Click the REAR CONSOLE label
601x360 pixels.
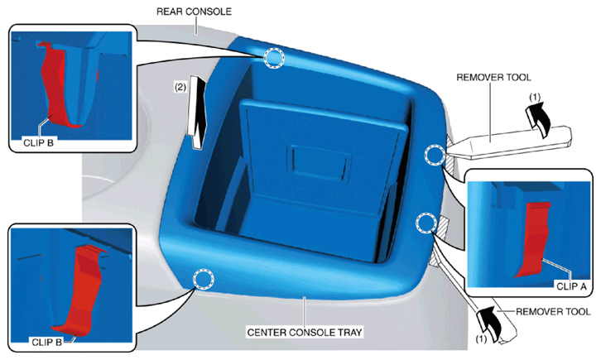[194, 12]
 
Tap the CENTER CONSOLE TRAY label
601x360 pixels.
[305, 332]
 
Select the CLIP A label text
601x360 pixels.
[571, 286]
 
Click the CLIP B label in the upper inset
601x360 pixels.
[38, 143]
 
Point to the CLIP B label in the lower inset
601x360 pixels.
[46, 342]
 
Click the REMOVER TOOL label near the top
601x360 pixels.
[493, 78]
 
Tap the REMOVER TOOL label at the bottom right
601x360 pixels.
[553, 312]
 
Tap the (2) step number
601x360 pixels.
[180, 88]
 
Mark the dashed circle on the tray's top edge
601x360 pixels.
[275, 58]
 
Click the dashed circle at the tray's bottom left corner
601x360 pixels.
[203, 279]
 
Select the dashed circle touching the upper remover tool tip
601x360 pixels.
[435, 155]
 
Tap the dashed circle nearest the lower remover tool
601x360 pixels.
[426, 223]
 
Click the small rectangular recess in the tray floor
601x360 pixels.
[320, 161]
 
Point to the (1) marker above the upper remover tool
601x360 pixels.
[534, 98]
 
